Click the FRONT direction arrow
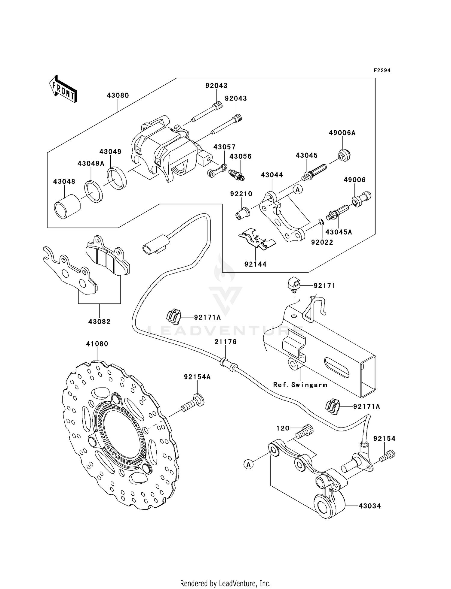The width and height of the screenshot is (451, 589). [x=63, y=89]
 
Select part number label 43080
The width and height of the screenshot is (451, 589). [x=118, y=95]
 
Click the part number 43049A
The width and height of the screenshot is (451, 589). [x=91, y=163]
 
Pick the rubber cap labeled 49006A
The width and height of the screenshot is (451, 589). [x=344, y=155]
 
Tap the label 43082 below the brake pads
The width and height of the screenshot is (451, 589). [x=99, y=322]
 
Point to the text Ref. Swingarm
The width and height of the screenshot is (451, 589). [x=300, y=385]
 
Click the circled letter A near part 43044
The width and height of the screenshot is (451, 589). [x=298, y=189]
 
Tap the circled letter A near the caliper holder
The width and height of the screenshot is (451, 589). [x=248, y=464]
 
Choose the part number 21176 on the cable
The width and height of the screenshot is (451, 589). [x=226, y=342]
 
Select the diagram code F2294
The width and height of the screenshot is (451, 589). [x=382, y=71]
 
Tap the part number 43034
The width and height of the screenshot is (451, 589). [x=370, y=506]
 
